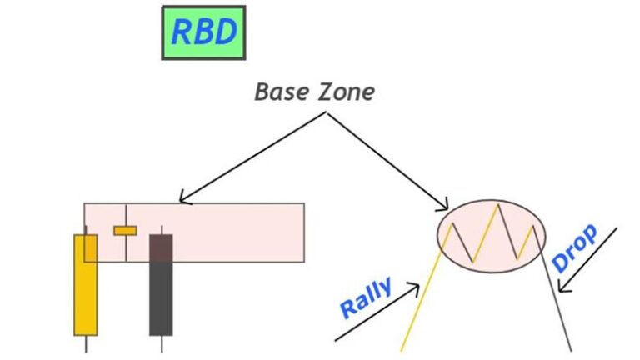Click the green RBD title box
coord(203,32)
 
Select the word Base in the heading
coord(281,91)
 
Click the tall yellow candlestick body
coord(86,284)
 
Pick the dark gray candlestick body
coord(161,284)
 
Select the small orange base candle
coord(125,230)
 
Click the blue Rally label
coord(365,298)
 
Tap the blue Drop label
coord(575,247)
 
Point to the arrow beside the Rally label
coord(377,312)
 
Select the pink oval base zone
coord(492,235)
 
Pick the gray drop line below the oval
coord(557,300)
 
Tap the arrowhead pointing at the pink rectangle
coord(184,200)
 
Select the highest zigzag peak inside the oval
coord(497,204)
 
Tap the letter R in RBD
coord(182,32)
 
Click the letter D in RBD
coord(225,32)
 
